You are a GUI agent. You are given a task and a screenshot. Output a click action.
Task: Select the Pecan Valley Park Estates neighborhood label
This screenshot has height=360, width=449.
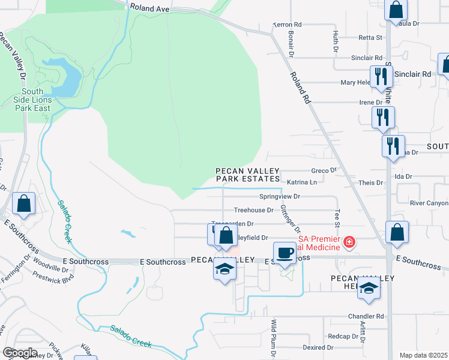click(248, 175)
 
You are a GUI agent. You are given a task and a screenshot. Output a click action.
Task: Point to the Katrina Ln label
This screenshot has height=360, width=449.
click(301, 182)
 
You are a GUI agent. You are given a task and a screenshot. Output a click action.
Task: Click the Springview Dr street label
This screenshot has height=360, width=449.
click(279, 196)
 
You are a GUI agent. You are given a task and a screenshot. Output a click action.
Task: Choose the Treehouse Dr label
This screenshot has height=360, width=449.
click(253, 210)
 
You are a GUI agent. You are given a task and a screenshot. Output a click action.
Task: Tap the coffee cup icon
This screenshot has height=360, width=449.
click(285, 252)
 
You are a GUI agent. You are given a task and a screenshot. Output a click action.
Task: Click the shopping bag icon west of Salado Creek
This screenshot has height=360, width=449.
click(23, 203)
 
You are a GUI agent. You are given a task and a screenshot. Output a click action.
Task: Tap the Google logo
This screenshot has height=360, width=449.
click(20, 353)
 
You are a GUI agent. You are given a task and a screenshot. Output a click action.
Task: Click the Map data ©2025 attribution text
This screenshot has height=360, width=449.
click(423, 355)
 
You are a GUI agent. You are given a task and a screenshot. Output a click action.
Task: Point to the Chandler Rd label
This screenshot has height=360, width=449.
click(365, 316)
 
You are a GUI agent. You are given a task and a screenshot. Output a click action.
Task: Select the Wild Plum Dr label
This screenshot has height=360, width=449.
click(274, 338)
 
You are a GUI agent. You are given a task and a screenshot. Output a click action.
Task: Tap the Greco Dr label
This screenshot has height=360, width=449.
click(324, 170)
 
